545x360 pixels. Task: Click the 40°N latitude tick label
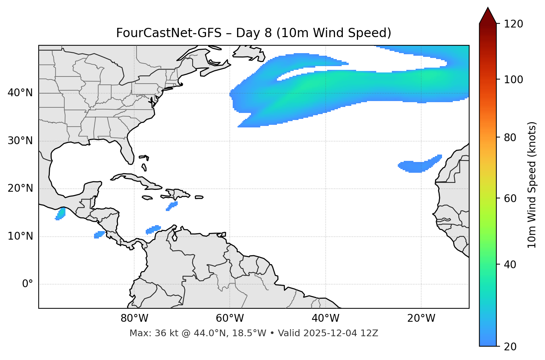(x=20, y=93)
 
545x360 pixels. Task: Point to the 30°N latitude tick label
(x=20, y=141)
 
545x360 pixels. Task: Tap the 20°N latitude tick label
(x=20, y=188)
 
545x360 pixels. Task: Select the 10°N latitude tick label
(x=20, y=236)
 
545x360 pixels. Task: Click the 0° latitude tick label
(x=28, y=284)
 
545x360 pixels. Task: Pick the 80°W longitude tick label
(x=134, y=318)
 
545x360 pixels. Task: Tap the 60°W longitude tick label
(x=230, y=318)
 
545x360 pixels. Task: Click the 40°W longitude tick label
(x=325, y=318)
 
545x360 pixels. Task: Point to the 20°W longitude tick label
(x=421, y=318)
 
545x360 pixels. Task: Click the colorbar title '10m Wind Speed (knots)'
(x=532, y=185)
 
